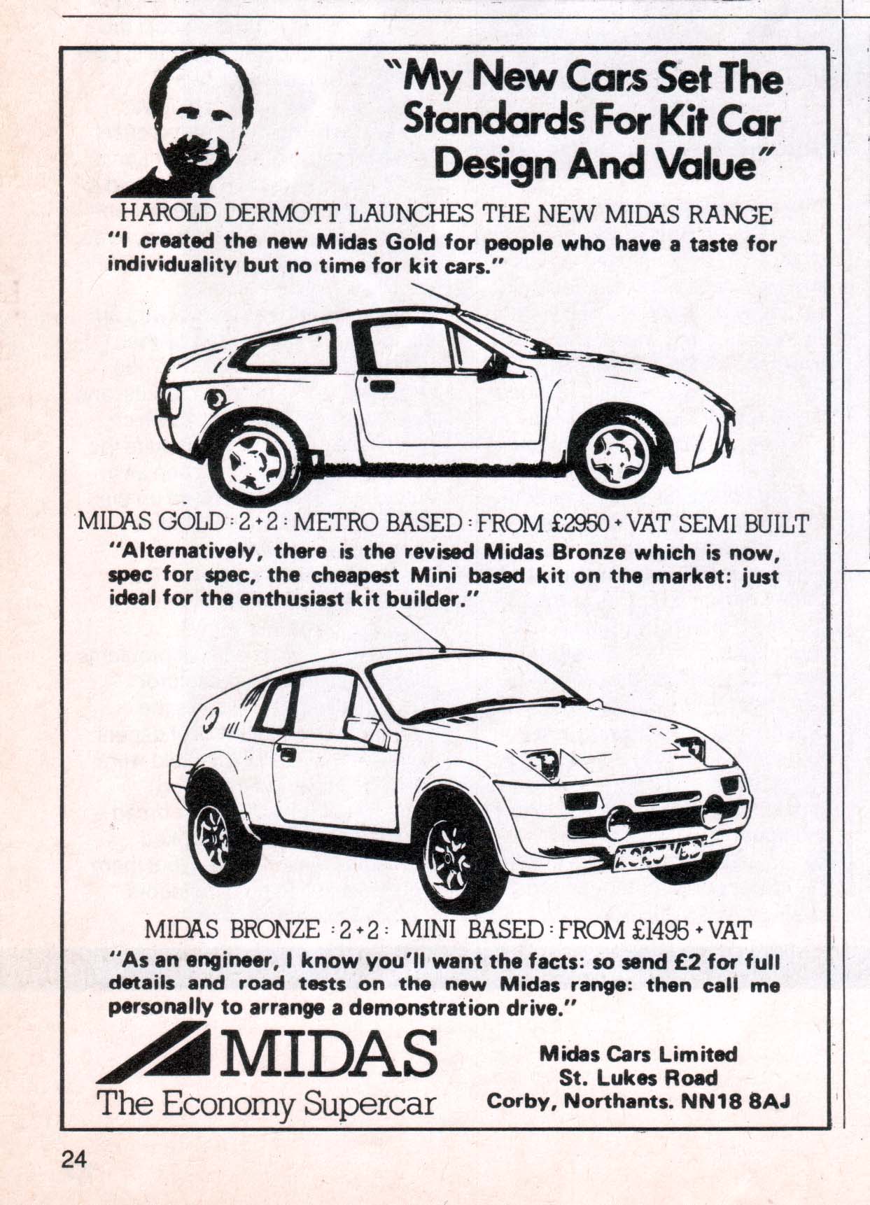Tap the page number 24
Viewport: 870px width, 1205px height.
pos(72,1160)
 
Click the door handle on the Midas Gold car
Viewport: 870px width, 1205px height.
pos(383,386)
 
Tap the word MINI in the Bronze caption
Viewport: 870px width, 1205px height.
pos(428,929)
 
